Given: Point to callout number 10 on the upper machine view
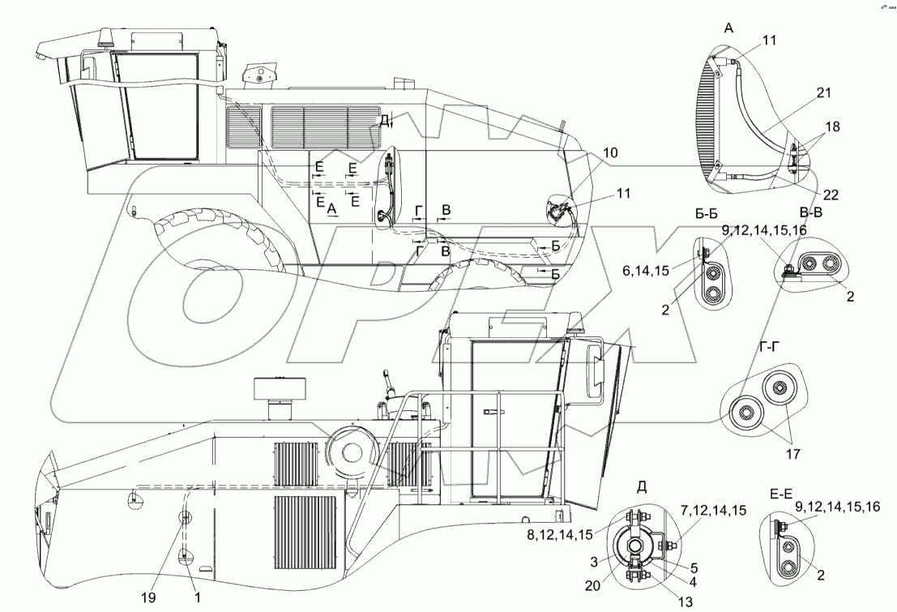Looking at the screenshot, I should tap(609, 152).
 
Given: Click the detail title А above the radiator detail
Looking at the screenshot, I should tap(728, 28).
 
